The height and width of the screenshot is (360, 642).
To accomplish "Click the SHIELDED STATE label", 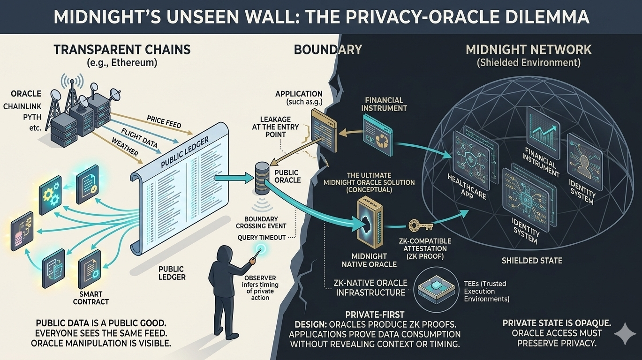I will (x=532, y=261).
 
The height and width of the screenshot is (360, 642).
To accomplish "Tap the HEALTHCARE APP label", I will (x=464, y=186).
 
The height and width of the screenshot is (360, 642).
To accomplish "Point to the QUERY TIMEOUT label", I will (x=262, y=237).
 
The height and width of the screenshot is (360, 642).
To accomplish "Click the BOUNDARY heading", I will (x=328, y=49).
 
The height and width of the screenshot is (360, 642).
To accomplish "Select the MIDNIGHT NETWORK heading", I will (x=528, y=50).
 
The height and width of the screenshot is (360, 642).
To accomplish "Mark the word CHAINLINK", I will (x=23, y=106).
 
